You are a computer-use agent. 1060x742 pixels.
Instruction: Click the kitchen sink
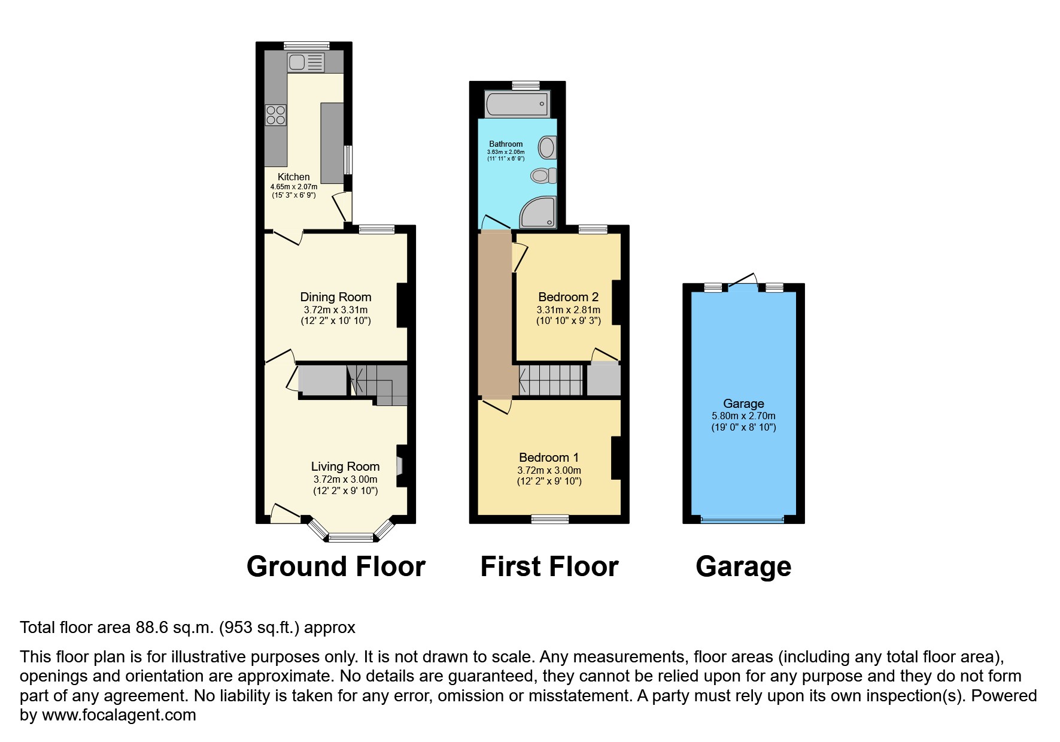(306, 62)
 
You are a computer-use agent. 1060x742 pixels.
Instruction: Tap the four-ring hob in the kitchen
(276, 115)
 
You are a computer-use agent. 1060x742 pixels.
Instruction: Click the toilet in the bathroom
(543, 175)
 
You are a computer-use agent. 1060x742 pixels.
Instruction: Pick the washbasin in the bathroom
(547, 147)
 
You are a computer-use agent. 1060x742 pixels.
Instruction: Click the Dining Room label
(335, 297)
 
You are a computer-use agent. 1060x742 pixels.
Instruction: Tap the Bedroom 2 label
(568, 297)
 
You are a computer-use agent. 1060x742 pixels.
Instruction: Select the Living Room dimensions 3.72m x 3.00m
(345, 480)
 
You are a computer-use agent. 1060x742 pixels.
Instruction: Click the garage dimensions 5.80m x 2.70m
(743, 416)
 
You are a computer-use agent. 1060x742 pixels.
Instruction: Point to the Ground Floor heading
(336, 567)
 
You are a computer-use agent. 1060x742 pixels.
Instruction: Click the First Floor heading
(549, 567)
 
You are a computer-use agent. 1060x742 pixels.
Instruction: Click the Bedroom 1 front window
(550, 519)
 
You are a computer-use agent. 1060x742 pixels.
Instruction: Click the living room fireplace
(400, 466)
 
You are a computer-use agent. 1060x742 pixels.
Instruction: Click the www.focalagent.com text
(119, 715)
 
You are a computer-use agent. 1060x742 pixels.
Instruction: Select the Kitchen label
(293, 177)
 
